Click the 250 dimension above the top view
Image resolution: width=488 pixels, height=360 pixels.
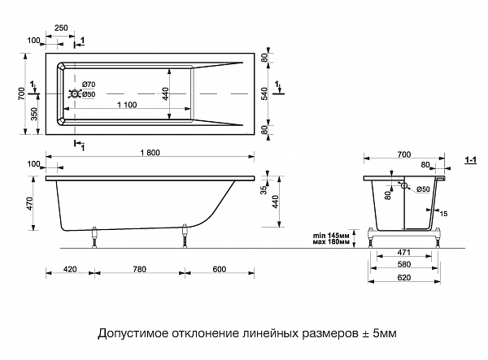point(61,28)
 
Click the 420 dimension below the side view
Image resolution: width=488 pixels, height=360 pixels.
point(70,270)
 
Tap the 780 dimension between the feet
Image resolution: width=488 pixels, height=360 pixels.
point(139,270)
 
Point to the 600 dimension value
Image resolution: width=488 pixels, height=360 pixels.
point(220,270)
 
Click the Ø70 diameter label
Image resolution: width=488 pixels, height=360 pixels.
point(89,85)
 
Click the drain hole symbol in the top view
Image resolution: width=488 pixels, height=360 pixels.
point(76,94)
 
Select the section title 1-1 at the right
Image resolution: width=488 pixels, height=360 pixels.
point(470,163)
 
